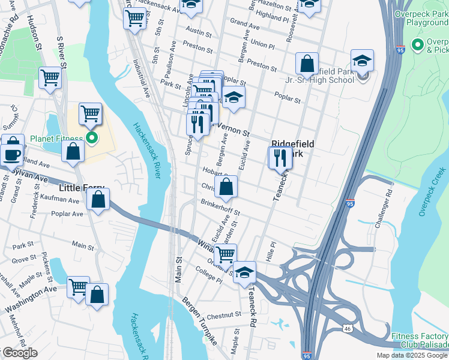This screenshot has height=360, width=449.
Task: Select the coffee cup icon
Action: click(11, 154)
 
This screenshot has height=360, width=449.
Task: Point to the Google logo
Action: click(20, 353)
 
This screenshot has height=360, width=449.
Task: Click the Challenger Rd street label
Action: click(384, 207)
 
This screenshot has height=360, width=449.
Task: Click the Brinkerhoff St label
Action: click(220, 208)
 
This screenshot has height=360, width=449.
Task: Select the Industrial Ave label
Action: click(142, 78)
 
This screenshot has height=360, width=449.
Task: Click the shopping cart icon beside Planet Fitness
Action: click(90, 113)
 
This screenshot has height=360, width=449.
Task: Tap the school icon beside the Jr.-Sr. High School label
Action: click(363, 61)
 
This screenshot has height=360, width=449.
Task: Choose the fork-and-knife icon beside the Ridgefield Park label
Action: click(280, 158)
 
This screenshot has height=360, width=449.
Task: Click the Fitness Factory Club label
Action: click(420, 340)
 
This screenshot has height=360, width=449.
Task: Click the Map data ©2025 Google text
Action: click(412, 355)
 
